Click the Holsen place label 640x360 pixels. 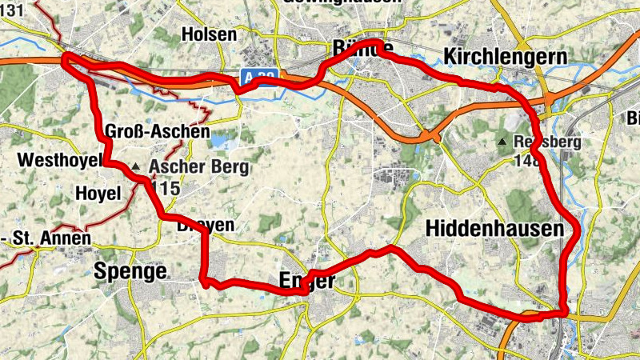(210, 34)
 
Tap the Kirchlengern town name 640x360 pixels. (506, 57)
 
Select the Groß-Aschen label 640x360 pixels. (157, 131)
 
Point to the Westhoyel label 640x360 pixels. (60, 160)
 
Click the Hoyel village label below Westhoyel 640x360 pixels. (97, 193)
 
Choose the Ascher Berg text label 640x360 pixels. (198, 168)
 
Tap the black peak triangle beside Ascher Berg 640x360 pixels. (136, 167)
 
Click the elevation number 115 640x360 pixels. (163, 190)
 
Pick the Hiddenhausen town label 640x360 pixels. (495, 229)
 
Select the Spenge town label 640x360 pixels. (130, 271)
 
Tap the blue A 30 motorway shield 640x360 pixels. (259, 76)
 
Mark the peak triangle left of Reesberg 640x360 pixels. (502, 142)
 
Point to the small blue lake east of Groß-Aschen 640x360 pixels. (218, 141)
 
